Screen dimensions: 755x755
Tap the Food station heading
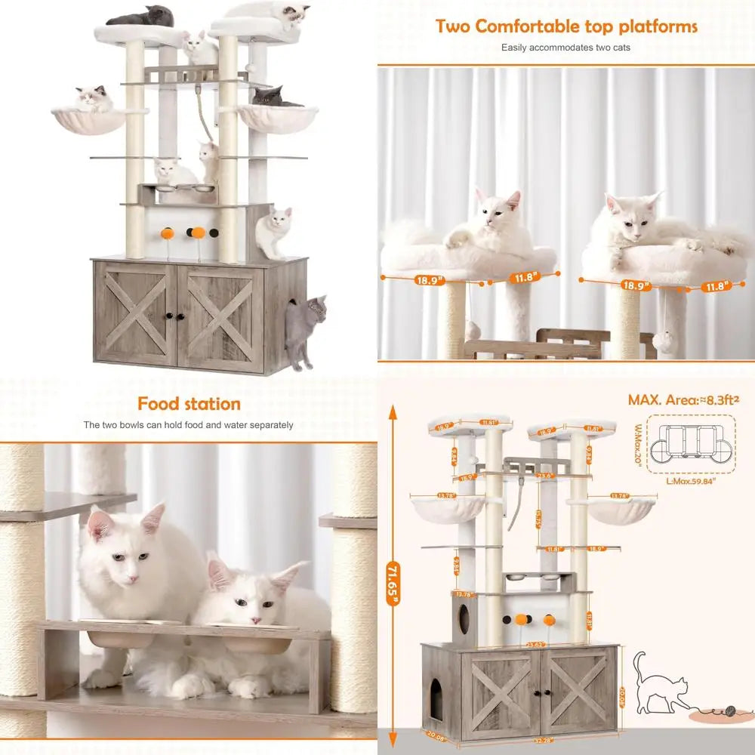pyautogui.click(x=189, y=404)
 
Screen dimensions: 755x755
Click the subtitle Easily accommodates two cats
pyautogui.click(x=565, y=48)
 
